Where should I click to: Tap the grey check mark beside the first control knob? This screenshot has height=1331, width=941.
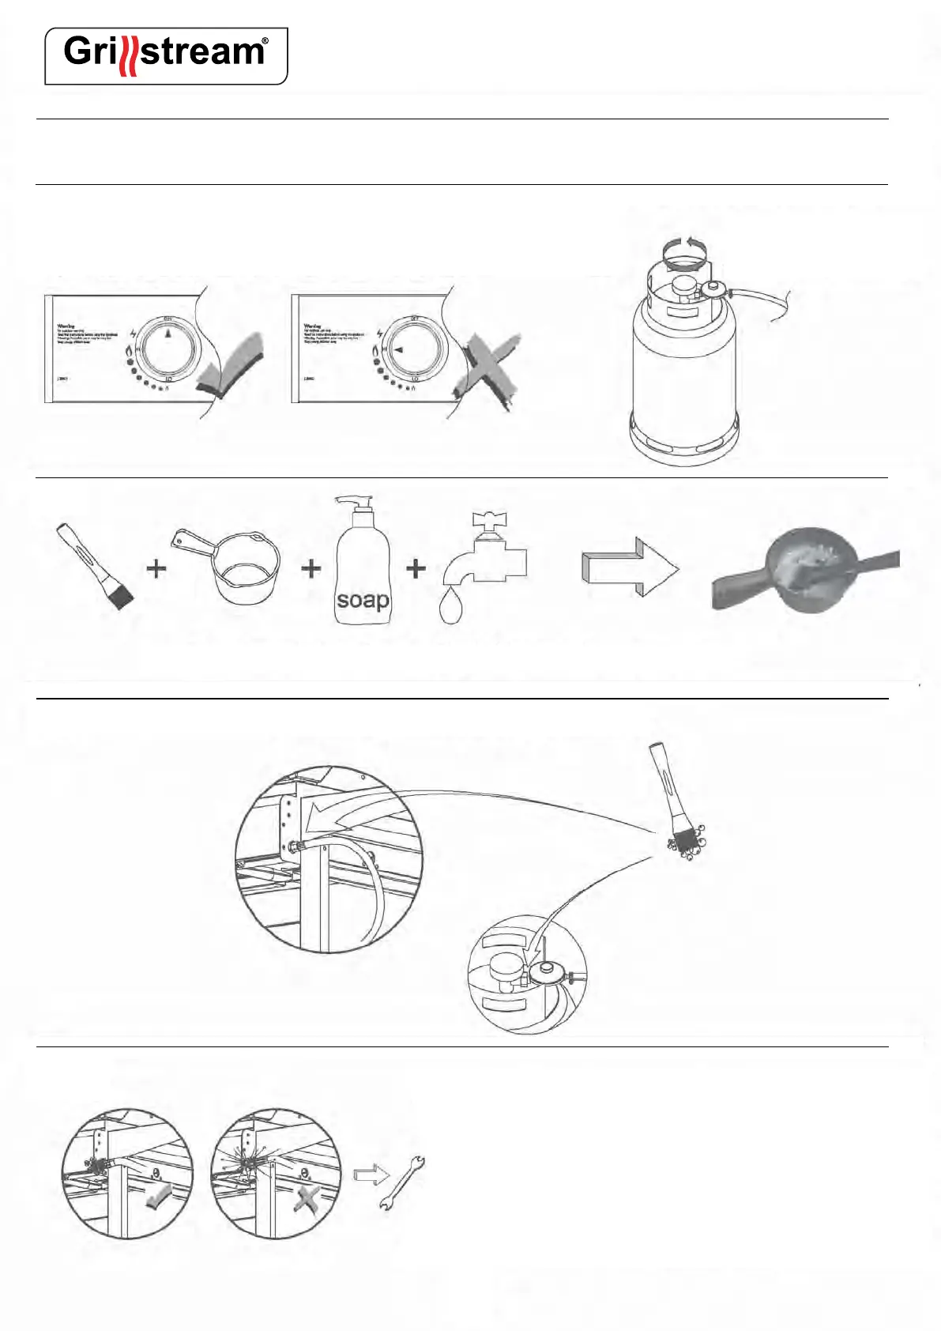click(x=231, y=366)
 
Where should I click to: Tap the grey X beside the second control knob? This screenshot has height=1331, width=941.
click(x=485, y=368)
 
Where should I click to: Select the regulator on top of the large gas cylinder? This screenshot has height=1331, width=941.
click(x=714, y=289)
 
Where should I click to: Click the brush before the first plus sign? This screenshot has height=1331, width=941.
click(x=95, y=564)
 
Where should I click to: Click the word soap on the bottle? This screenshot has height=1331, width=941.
click(x=363, y=600)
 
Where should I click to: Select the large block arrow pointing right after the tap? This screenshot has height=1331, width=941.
click(x=630, y=567)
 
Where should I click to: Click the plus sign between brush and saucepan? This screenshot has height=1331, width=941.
click(x=156, y=568)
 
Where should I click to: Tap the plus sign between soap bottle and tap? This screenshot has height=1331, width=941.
click(x=416, y=568)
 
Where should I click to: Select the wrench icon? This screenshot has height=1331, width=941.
click(x=401, y=1182)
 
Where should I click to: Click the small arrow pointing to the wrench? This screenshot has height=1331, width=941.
click(x=370, y=1175)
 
